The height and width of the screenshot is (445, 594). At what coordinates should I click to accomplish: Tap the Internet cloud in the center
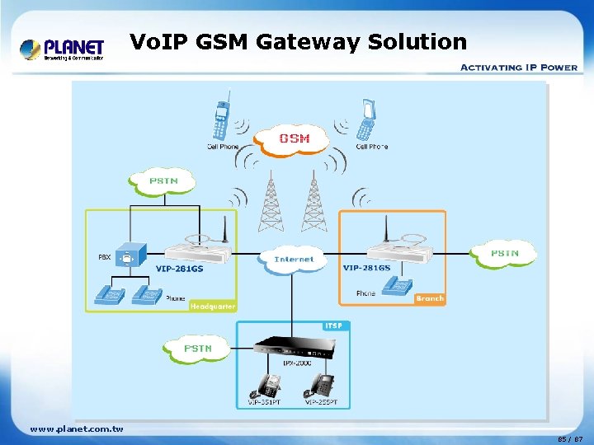294,259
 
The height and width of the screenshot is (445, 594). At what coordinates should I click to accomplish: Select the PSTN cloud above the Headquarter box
163,181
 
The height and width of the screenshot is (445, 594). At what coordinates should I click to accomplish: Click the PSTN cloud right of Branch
504,252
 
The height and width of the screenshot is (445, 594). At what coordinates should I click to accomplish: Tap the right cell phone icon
365,121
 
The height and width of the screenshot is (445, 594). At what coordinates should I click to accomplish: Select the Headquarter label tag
213,306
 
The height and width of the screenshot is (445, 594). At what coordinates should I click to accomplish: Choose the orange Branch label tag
429,298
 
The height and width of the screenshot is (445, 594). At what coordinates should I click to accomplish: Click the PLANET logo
62,49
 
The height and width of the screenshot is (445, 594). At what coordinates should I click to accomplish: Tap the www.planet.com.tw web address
76,429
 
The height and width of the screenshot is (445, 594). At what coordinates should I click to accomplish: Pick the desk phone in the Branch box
399,287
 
